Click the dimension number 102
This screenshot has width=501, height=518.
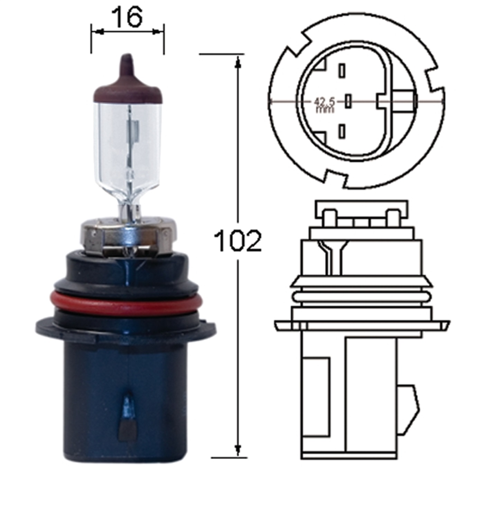click(x=238, y=241)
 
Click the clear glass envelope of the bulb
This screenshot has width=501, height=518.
click(x=128, y=145)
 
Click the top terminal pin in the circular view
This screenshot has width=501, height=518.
click(x=342, y=71)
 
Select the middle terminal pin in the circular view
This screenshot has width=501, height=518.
click(x=348, y=101)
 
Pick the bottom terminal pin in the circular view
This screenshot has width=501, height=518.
click(x=342, y=132)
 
